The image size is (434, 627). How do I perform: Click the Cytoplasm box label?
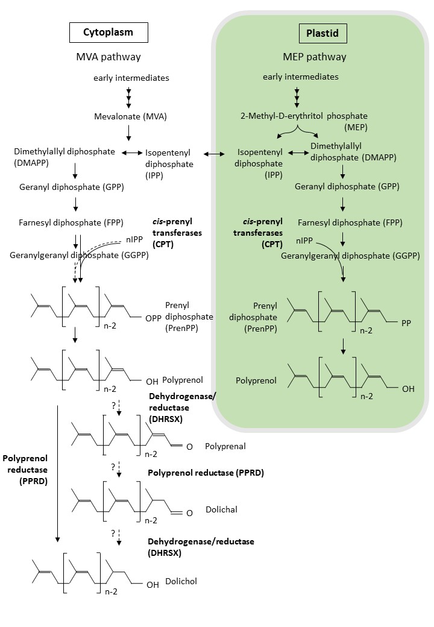click(x=108, y=33)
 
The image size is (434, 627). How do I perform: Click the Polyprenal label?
click(x=225, y=446)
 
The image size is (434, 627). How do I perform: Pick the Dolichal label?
click(x=221, y=509)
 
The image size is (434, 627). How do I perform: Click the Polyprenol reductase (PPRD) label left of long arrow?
click(x=25, y=468)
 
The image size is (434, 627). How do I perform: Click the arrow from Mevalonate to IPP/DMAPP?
click(x=129, y=132)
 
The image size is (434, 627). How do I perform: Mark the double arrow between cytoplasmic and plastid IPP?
click(x=213, y=155)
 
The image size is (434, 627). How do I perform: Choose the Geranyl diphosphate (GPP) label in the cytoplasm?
click(x=71, y=187)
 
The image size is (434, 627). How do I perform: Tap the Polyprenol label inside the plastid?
click(x=256, y=380)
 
